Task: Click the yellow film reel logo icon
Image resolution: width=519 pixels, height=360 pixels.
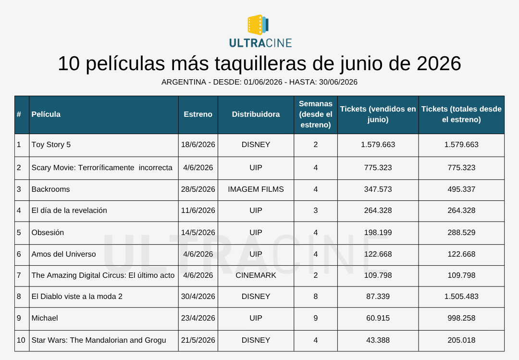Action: point(258,25)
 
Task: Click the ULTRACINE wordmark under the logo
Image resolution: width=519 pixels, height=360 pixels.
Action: point(260,43)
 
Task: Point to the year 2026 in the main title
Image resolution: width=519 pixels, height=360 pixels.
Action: point(439,63)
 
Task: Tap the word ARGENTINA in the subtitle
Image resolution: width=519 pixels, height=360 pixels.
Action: point(184,82)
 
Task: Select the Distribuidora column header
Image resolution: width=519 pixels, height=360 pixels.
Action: point(256,114)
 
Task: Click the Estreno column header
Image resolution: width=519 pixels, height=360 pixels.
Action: point(198,114)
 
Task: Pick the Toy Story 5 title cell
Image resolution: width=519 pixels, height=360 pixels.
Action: point(51,144)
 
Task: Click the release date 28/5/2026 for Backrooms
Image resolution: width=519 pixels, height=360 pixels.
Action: point(198,189)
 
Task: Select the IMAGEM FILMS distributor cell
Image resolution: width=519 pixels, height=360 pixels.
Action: point(256,189)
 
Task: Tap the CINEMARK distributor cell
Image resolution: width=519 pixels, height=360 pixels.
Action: point(256,275)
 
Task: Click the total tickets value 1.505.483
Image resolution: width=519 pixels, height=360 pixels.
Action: point(461,297)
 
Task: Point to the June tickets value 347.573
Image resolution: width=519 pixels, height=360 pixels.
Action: point(378,189)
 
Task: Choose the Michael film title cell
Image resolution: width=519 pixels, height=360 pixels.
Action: point(45,318)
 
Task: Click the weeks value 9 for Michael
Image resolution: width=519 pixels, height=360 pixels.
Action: point(316,318)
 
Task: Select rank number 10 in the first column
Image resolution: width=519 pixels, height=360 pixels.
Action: point(21,340)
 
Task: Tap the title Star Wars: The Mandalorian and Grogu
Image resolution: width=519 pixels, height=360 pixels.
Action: point(99,340)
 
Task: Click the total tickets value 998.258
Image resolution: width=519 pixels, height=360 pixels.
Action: point(461,318)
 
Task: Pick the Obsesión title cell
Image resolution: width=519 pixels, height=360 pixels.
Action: point(48,233)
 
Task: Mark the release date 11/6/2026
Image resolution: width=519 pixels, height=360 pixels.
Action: point(198,211)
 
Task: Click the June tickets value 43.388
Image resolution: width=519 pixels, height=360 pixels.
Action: point(378,340)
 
